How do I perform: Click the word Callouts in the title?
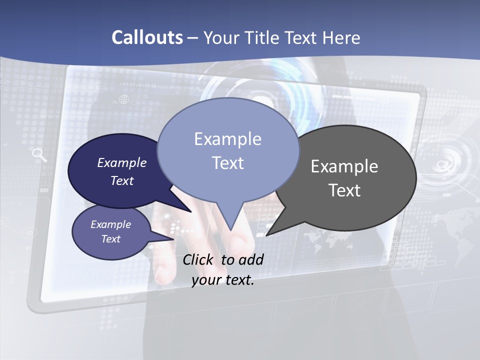(147, 37)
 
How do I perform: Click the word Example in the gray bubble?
(344, 166)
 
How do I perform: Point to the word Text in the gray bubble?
(344, 190)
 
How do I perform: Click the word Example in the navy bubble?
(121, 162)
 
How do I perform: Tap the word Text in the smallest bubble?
(110, 239)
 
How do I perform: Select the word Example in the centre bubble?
(227, 139)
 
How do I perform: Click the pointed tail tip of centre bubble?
(230, 230)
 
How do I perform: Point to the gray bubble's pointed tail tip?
(267, 235)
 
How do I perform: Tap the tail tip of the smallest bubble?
(173, 239)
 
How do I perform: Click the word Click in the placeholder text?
(199, 259)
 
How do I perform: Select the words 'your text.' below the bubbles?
(222, 280)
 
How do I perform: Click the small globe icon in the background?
(123, 99)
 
